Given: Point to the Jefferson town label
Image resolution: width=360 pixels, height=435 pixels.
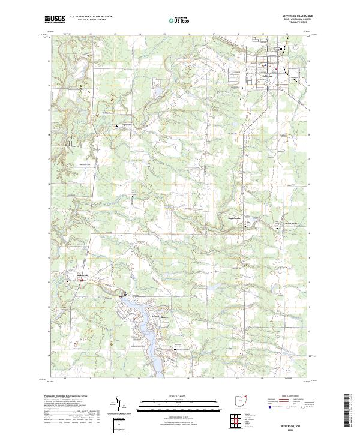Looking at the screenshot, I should click(268, 76).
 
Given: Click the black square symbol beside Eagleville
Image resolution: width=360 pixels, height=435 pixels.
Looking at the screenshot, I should click(118, 125).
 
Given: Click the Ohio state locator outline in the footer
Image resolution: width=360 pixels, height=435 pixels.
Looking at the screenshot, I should click(241, 400).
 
